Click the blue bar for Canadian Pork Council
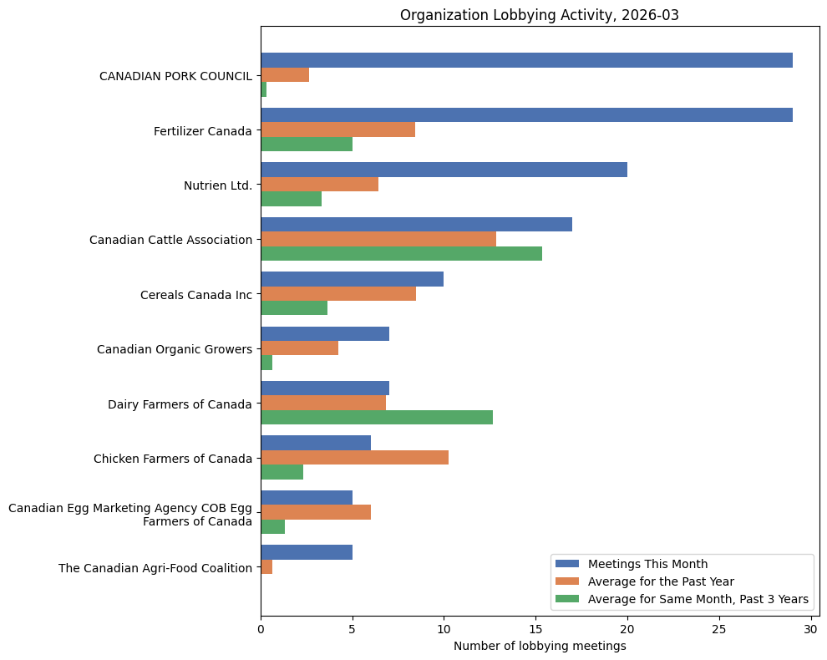coord(526,60)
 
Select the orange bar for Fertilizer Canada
coord(337,129)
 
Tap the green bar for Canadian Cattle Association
coord(401,253)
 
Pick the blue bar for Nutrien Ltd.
coord(444,170)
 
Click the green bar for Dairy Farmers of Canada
coord(377,417)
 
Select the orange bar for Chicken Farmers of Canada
coord(354,457)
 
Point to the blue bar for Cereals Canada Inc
coord(352,279)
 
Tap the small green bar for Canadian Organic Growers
coord(266,363)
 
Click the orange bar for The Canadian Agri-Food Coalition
coord(266,567)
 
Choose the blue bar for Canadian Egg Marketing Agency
coord(307,498)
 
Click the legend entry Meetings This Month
coord(647,563)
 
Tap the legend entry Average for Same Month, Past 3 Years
coord(698,598)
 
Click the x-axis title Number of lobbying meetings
coord(540,646)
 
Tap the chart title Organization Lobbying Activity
coord(540,15)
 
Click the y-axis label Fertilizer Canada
coord(202,131)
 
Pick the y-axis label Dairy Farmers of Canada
coord(180,404)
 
